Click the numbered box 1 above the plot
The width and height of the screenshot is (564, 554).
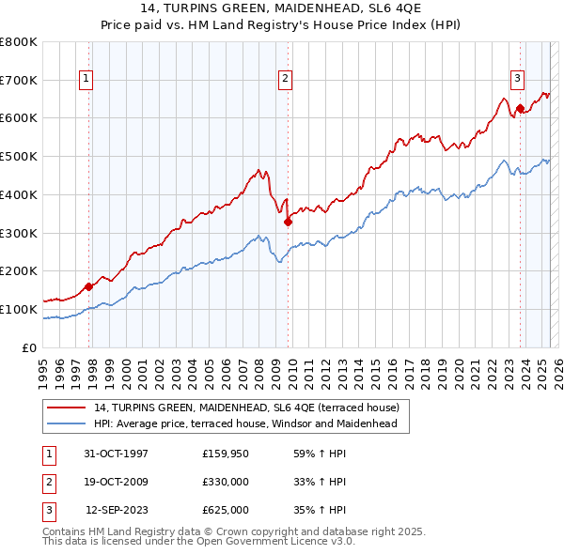(86, 80)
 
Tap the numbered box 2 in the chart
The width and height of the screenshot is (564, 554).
(284, 80)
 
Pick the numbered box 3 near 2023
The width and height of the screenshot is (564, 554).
(517, 80)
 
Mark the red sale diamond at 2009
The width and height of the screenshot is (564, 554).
(288, 222)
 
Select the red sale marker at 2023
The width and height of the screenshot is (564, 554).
(519, 109)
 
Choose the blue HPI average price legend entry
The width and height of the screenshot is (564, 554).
(245, 423)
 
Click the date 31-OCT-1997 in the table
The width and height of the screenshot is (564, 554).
(117, 453)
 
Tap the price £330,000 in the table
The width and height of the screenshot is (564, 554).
(226, 482)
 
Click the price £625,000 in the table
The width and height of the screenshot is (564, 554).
(226, 511)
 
